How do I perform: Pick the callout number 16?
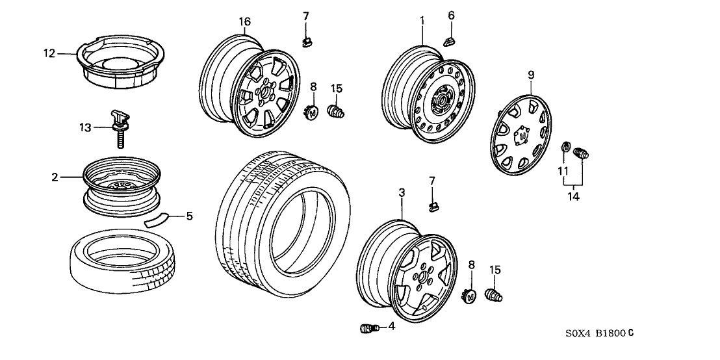[x=244, y=22]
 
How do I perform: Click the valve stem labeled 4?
[x=365, y=328]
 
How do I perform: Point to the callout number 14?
[x=572, y=194]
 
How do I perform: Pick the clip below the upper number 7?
[x=307, y=42]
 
